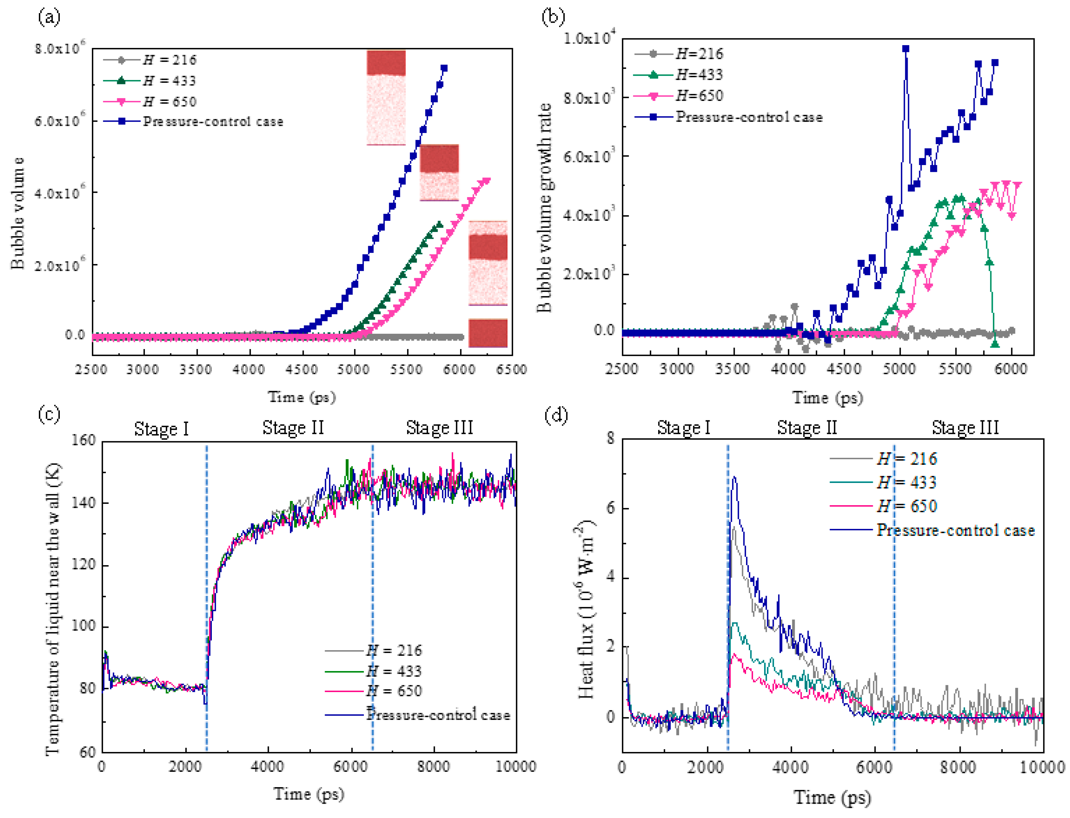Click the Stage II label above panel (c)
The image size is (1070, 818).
(293, 428)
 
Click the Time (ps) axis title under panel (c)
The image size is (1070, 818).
(308, 794)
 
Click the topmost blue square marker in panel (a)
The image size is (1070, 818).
(444, 69)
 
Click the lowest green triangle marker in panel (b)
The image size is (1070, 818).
(995, 344)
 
